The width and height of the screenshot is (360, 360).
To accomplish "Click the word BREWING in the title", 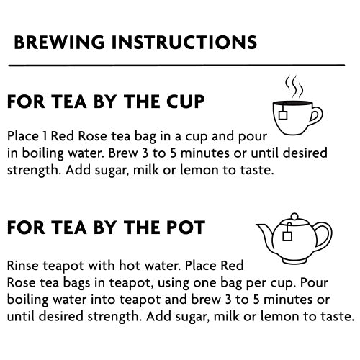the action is pyautogui.click(x=59, y=42).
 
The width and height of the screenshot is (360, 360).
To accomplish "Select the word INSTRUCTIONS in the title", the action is pyautogui.click(x=184, y=42).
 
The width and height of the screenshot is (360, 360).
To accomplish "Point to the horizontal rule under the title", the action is pyautogui.click(x=176, y=65).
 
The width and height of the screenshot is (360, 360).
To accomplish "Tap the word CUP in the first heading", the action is pyautogui.click(x=185, y=102).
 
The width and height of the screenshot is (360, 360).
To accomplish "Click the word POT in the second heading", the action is pyautogui.click(x=185, y=228).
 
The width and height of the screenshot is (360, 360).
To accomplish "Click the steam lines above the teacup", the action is pyautogui.click(x=294, y=86).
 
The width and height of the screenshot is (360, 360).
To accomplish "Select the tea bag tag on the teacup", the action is pyautogui.click(x=283, y=114).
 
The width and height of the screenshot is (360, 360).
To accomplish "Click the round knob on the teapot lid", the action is pyautogui.click(x=294, y=217).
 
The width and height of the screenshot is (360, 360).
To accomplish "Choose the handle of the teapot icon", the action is pyautogui.click(x=325, y=235).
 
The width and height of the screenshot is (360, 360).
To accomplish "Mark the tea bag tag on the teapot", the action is pyautogui.click(x=287, y=236).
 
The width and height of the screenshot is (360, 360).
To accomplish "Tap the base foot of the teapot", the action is pyautogui.click(x=294, y=261).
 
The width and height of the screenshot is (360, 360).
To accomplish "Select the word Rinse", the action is pyautogui.click(x=22, y=266).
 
